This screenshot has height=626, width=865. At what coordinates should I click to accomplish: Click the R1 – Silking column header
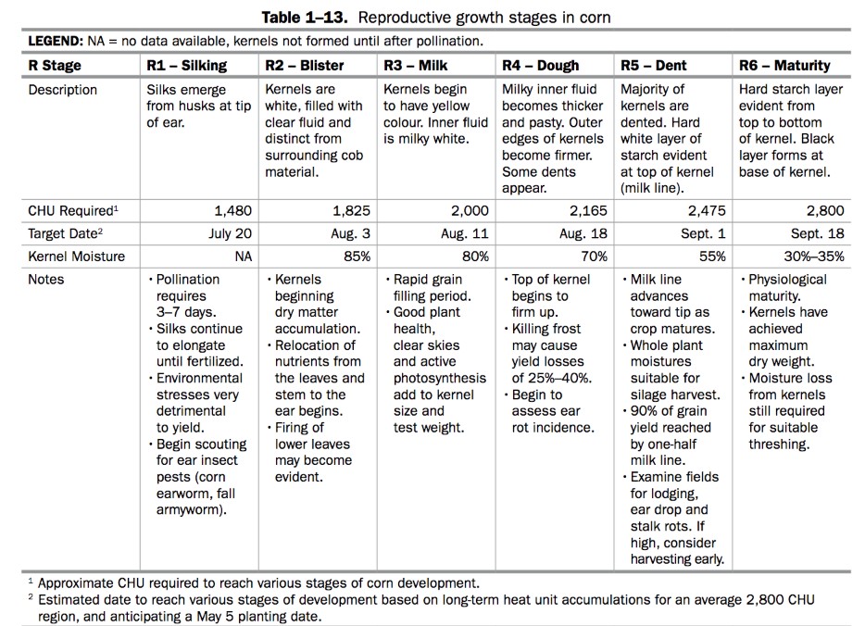187,66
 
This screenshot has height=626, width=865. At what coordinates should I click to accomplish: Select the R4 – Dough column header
540,66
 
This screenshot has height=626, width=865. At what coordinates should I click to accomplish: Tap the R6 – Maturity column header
784,66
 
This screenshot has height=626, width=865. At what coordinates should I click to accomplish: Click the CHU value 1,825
351,211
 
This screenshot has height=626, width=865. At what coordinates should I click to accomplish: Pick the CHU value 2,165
588,211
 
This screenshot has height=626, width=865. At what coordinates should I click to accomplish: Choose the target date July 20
230,234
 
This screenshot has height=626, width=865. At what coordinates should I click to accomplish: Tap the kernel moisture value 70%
593,257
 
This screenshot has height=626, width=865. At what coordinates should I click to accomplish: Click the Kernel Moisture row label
76,257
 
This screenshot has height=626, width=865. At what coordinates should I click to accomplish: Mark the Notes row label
46,279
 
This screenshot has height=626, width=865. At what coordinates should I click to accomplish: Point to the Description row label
62,90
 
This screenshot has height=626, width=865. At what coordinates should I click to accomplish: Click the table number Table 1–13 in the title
305,18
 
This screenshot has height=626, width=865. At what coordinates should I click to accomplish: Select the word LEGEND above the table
56,42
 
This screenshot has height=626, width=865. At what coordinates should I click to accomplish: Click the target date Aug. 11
468,234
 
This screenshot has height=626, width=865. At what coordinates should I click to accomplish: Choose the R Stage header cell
55,66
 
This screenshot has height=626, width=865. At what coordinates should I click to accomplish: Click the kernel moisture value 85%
357,257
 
